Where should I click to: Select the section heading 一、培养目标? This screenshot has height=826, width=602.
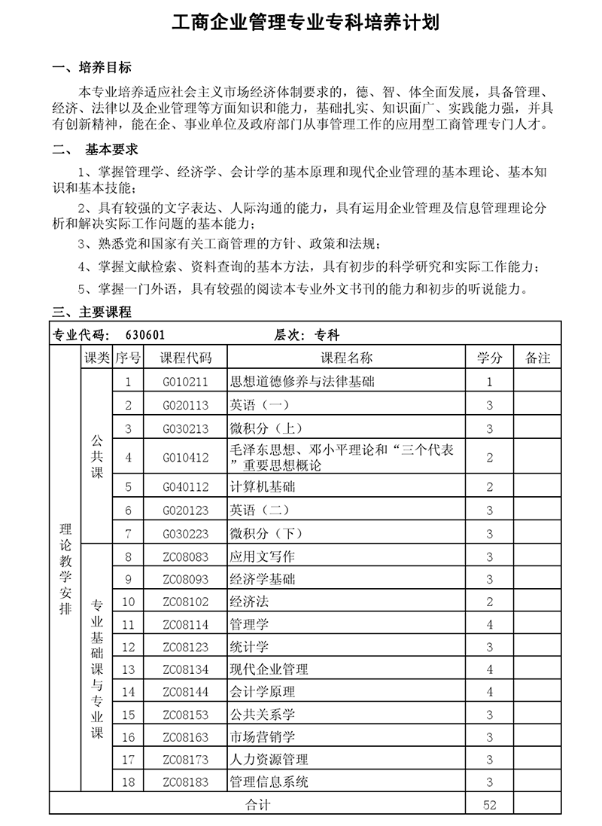pyautogui.click(x=92, y=68)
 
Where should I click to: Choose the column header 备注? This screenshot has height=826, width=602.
pyautogui.click(x=537, y=358)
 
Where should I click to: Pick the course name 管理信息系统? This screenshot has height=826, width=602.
pyautogui.click(x=269, y=782)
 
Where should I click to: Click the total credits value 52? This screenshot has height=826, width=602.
pyautogui.click(x=489, y=805)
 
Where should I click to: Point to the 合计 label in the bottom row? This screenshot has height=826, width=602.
pyautogui.click(x=257, y=805)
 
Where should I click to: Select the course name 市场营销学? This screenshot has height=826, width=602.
pyautogui.click(x=262, y=736)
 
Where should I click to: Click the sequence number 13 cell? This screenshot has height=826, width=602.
pyautogui.click(x=128, y=669)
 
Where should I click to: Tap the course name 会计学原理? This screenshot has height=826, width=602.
pyautogui.click(x=262, y=691)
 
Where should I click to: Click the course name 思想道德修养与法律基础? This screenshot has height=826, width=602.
pyautogui.click(x=301, y=382)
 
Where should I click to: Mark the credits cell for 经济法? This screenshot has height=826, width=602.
pyautogui.click(x=489, y=602)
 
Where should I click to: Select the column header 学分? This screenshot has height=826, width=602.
pyautogui.click(x=489, y=358)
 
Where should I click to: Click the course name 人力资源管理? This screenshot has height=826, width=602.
pyautogui.click(x=269, y=759)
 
